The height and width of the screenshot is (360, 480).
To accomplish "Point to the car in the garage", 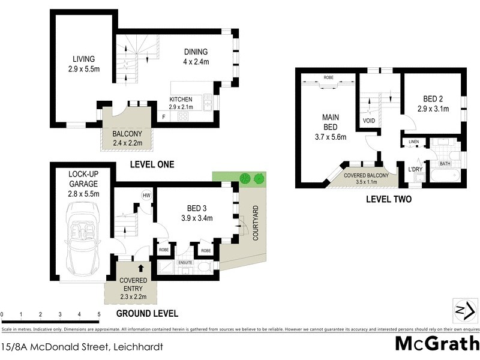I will pos(84,237).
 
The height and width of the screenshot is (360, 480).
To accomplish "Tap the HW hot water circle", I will pos(146,196).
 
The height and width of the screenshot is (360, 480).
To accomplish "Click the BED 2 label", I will pos(432,104).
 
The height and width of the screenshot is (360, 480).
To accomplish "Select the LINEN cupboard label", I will pos(413,142).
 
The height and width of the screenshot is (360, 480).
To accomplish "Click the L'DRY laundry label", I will pos(416,170).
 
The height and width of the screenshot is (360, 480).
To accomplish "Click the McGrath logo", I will pos(437,344).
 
